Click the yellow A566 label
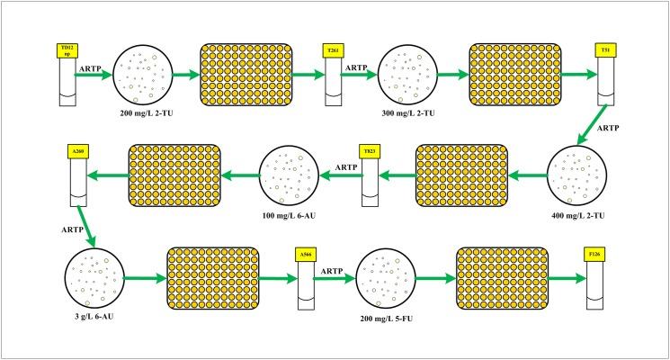pos(308,256)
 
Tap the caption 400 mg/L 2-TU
pos(576,217)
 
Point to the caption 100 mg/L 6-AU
pos(290,217)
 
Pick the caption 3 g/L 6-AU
pos(94,319)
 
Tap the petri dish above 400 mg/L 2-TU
pos(576,176)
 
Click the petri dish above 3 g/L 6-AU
pos(94,279)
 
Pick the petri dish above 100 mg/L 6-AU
pos(290,175)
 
